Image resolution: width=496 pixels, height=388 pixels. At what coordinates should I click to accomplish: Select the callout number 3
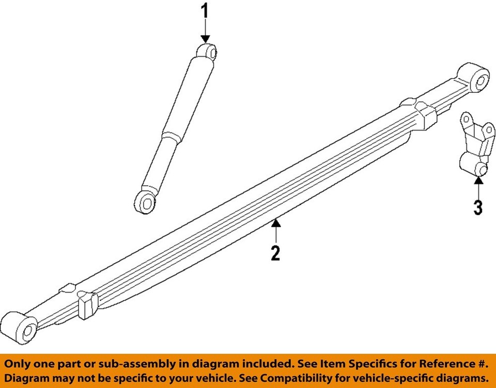478,207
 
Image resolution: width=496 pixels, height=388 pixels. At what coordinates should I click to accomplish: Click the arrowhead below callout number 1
205,39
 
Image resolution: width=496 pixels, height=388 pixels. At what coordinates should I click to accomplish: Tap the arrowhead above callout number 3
478,180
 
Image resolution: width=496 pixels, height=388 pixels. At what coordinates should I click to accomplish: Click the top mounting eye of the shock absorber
209,52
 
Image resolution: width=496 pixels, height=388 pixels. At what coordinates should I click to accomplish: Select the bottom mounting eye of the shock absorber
146,202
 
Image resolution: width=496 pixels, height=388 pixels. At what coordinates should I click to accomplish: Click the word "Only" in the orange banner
19,364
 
